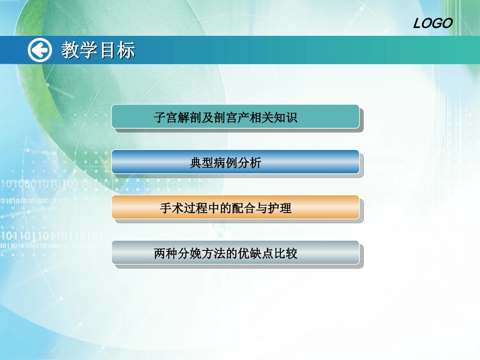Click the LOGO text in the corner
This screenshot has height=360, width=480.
[433, 23]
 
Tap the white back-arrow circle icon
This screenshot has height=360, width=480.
[39, 50]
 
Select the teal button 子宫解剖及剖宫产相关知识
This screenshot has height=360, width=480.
[235, 117]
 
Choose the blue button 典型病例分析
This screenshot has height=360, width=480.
[235, 162]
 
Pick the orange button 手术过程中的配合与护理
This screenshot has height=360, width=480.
[235, 208]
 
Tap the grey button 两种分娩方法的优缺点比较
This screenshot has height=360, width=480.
[235, 253]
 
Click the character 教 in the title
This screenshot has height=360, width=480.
[71, 50]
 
